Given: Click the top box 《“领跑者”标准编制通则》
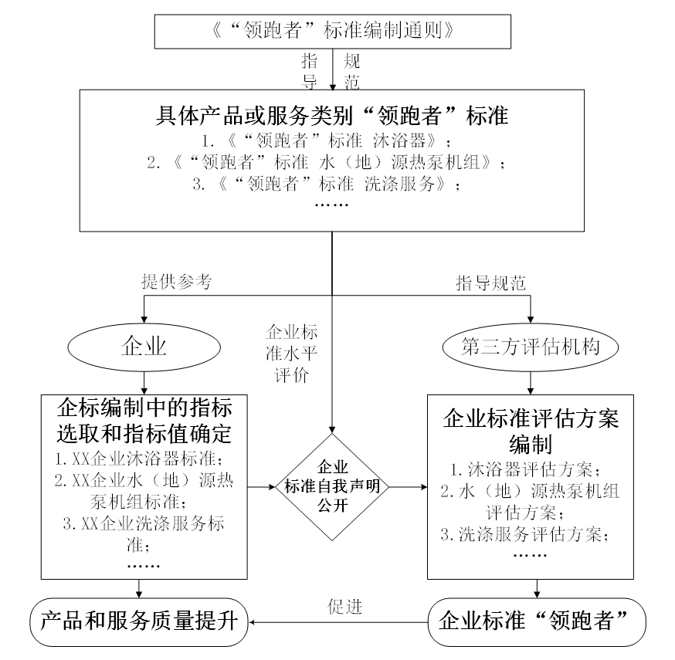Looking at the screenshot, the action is click(x=332, y=31).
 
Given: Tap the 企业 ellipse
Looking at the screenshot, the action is click(x=144, y=347).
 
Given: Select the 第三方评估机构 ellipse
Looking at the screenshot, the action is click(x=531, y=347).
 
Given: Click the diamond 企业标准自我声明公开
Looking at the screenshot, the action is click(x=332, y=486).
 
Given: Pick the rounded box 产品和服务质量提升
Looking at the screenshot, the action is click(x=138, y=621).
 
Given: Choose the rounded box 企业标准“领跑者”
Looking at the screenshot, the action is click(x=537, y=621).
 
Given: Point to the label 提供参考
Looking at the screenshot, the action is click(x=177, y=282).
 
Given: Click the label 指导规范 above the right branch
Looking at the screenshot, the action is click(x=490, y=283).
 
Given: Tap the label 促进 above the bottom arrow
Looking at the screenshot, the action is click(x=344, y=607).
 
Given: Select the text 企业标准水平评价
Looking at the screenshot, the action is click(x=292, y=354).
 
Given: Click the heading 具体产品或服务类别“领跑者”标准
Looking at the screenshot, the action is click(x=332, y=115).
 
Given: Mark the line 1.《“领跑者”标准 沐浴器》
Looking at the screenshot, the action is click(x=327, y=140).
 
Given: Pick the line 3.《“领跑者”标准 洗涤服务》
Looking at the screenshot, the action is click(x=327, y=184).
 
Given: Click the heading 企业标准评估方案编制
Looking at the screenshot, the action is click(x=531, y=431).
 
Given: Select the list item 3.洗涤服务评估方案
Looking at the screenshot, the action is click(x=525, y=534).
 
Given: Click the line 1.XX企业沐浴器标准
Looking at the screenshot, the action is click(x=140, y=459).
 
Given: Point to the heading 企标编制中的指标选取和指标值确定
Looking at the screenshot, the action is click(x=144, y=421).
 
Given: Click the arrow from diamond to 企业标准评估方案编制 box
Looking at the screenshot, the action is click(x=408, y=487).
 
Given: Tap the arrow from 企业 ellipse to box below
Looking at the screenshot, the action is click(x=144, y=383).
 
